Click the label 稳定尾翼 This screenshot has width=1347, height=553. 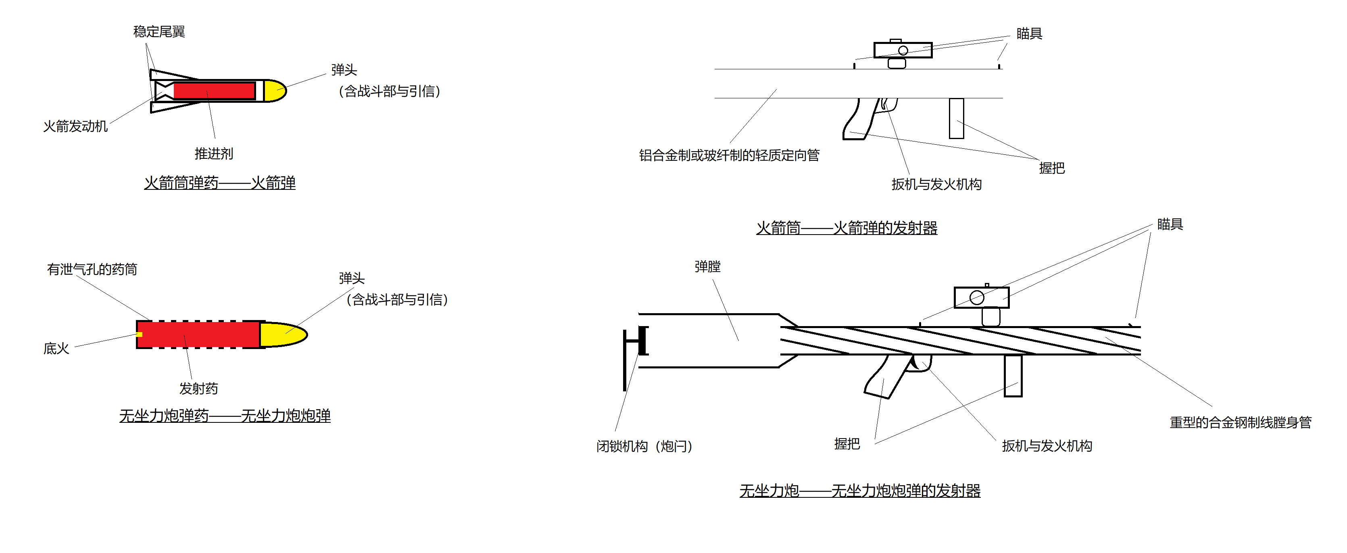[159, 32]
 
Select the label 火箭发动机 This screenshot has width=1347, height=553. [75, 127]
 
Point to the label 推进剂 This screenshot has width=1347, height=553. [213, 154]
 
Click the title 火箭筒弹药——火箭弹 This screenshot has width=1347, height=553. [220, 183]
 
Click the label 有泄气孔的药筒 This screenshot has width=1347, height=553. [92, 270]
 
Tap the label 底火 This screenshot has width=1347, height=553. [56, 349]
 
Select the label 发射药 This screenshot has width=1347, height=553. [198, 389]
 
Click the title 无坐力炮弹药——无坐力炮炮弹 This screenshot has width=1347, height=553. [225, 416]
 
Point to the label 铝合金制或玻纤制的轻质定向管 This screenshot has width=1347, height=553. [729, 155]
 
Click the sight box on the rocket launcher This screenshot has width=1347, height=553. [903, 50]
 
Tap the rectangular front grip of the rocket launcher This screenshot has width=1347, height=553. [956, 118]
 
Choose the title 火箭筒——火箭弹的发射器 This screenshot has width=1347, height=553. [847, 228]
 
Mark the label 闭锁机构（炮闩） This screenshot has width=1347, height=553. [644, 446]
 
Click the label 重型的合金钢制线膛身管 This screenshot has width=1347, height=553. [1240, 422]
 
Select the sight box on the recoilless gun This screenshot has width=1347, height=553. [981, 298]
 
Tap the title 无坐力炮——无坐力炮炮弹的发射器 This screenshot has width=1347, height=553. [860, 491]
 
